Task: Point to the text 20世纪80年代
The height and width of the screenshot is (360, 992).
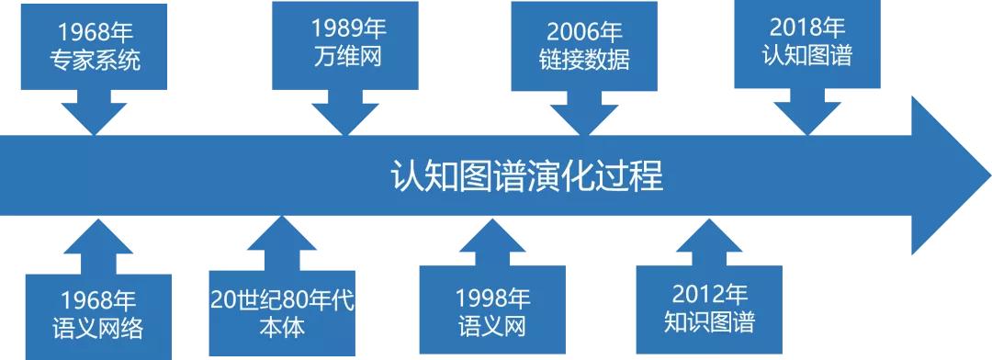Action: [x=281, y=299]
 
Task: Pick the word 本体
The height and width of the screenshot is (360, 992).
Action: [x=281, y=326]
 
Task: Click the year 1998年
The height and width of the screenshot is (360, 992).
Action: [x=493, y=298]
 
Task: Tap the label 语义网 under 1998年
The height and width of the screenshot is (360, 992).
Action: [x=493, y=326]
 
